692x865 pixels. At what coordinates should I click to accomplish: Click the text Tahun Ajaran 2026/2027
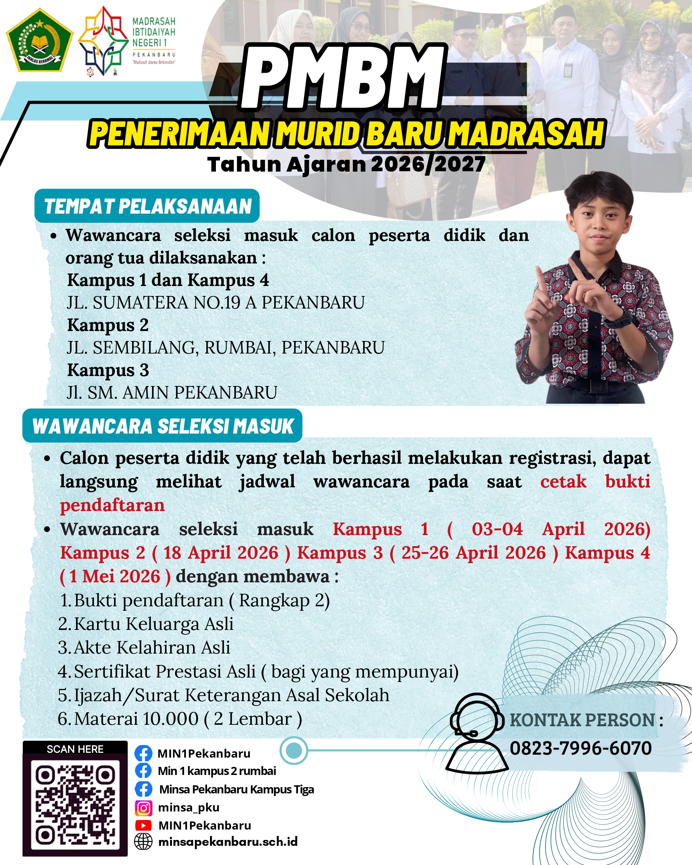pos(346,165)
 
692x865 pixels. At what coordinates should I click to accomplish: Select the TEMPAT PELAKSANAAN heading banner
pos(147,206)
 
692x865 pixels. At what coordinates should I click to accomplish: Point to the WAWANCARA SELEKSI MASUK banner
pos(162,426)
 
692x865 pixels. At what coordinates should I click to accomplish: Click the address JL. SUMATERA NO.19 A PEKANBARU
pos(216,303)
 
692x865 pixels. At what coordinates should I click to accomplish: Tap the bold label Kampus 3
pos(108,370)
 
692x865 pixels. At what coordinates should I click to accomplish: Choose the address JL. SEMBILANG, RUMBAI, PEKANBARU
pos(225,348)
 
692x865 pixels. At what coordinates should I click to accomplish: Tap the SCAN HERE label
pos(75,749)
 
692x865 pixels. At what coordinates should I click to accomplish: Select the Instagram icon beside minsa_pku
pos(143,808)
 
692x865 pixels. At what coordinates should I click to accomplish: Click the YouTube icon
pos(143,825)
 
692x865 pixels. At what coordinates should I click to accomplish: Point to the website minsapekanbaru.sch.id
pos(228,842)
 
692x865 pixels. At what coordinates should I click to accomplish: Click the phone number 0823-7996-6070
pos(581,748)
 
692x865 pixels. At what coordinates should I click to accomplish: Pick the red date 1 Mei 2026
pos(115,576)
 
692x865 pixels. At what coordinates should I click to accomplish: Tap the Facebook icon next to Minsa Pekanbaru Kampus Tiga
pos(143,789)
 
